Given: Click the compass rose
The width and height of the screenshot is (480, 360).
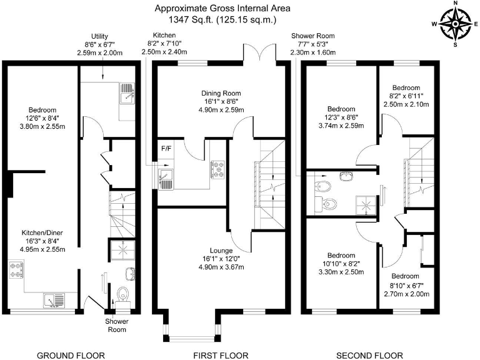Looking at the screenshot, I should pos(456,25).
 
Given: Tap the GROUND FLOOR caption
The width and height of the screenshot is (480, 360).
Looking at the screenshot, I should pos(70,355).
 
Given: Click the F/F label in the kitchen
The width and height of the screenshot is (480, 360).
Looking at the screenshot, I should pos(167,149).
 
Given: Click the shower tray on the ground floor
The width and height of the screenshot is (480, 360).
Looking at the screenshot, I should pos(122,249).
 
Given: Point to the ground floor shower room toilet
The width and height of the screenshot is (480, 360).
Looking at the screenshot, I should pos(124,292).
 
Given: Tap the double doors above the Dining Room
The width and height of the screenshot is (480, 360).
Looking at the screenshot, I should pos(257,54).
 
